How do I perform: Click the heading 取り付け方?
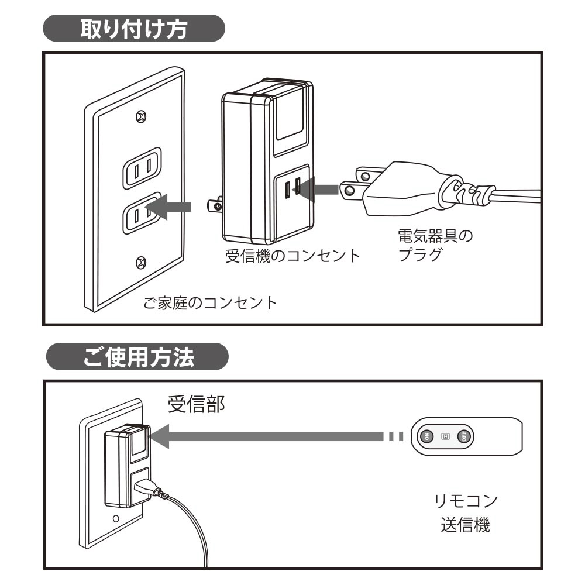tap(134, 29)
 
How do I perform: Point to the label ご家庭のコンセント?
tap(210, 304)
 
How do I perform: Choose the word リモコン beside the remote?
tap(464, 502)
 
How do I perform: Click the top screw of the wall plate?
tap(140, 116)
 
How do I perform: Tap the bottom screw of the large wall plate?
tap(140, 261)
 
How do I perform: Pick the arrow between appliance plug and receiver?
tap(318, 189)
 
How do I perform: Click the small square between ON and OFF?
tap(445, 436)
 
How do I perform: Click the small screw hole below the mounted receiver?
tap(116, 518)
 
